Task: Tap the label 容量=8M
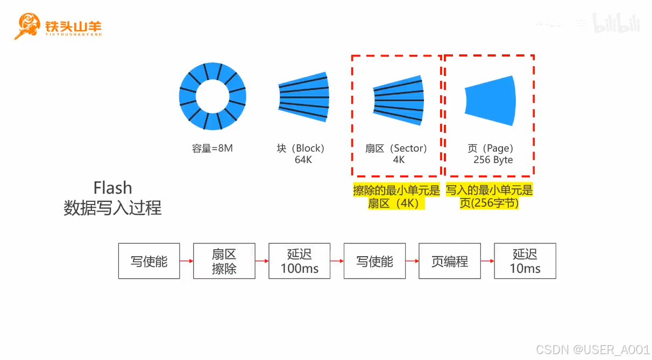coord(212,149)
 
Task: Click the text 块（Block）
coord(301,149)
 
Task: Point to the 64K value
coord(303,160)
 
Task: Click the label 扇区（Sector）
coord(396,149)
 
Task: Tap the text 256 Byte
coord(493,160)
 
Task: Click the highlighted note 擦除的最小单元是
coord(396,190)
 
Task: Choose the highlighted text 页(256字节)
coord(489,203)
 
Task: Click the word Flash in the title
coord(112,188)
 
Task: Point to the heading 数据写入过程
coord(112,208)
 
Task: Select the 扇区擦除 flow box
coord(224,261)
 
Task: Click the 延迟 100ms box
coord(300,261)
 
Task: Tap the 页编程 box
coord(450,261)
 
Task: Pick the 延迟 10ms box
coord(525,261)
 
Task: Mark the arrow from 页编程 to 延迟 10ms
coord(487,262)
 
